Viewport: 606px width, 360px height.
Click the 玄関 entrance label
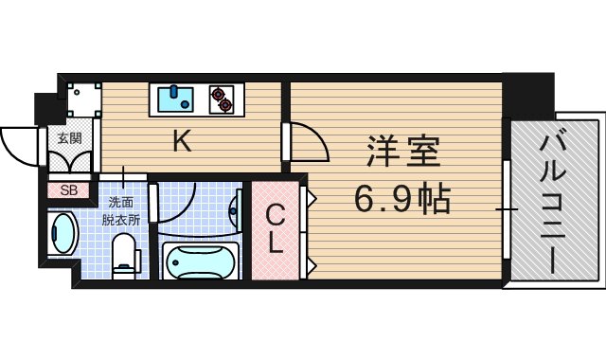69,138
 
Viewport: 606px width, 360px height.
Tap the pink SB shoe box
69,189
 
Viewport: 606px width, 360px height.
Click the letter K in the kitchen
182,142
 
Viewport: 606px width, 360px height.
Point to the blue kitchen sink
173,98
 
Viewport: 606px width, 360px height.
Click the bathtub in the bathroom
200,260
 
